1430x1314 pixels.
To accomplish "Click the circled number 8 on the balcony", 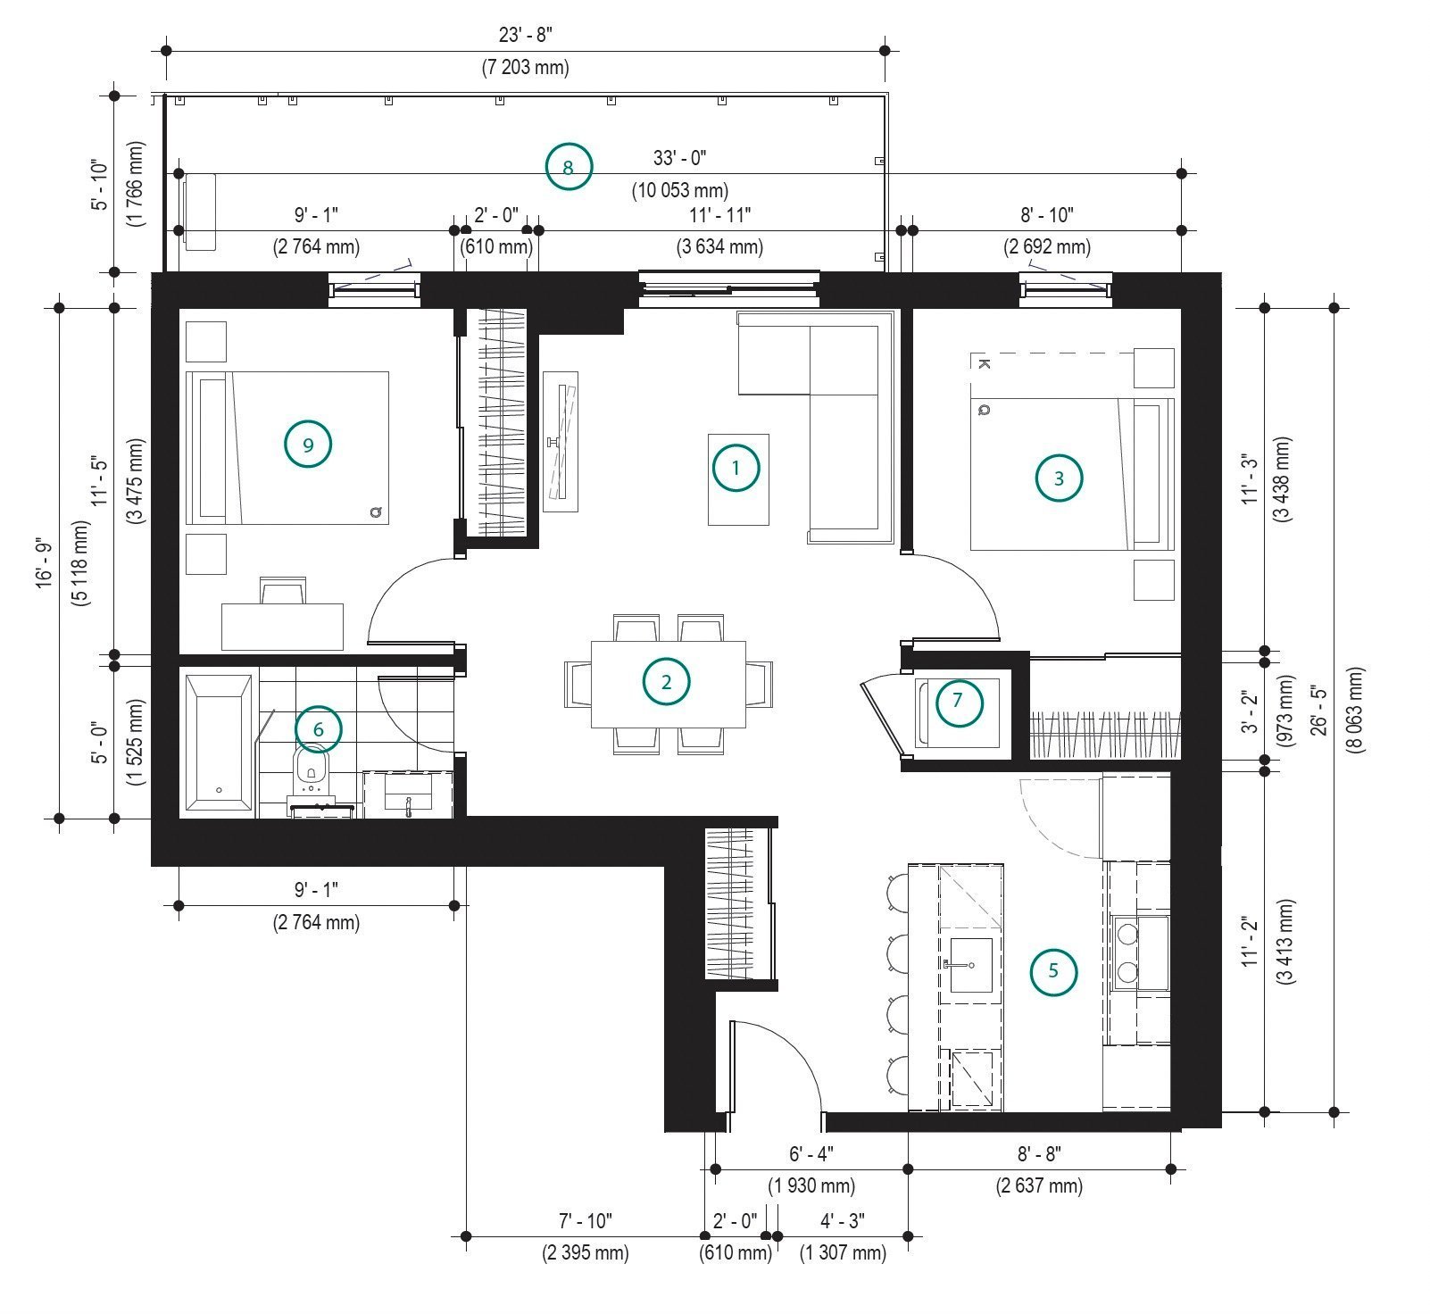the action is coord(570,166).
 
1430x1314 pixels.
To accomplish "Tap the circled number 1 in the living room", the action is coord(736,468).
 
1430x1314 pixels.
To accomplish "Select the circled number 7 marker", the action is coord(959,701).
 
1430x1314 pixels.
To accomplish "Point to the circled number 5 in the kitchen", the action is coord(1053,971).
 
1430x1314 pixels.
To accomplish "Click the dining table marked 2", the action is coord(669,684).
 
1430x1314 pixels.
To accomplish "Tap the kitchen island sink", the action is coord(970,964).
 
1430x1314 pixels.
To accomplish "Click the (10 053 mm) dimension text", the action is coord(680,190).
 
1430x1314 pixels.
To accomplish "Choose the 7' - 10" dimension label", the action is coord(585,1219).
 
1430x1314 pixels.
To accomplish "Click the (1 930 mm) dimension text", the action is coord(811,1185).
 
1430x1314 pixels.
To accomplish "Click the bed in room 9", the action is coord(287,448).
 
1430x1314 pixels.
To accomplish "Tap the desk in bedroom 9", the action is coord(282,627).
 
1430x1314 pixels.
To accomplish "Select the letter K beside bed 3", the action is coord(983,363).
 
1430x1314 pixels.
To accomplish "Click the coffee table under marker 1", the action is coord(738,479).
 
